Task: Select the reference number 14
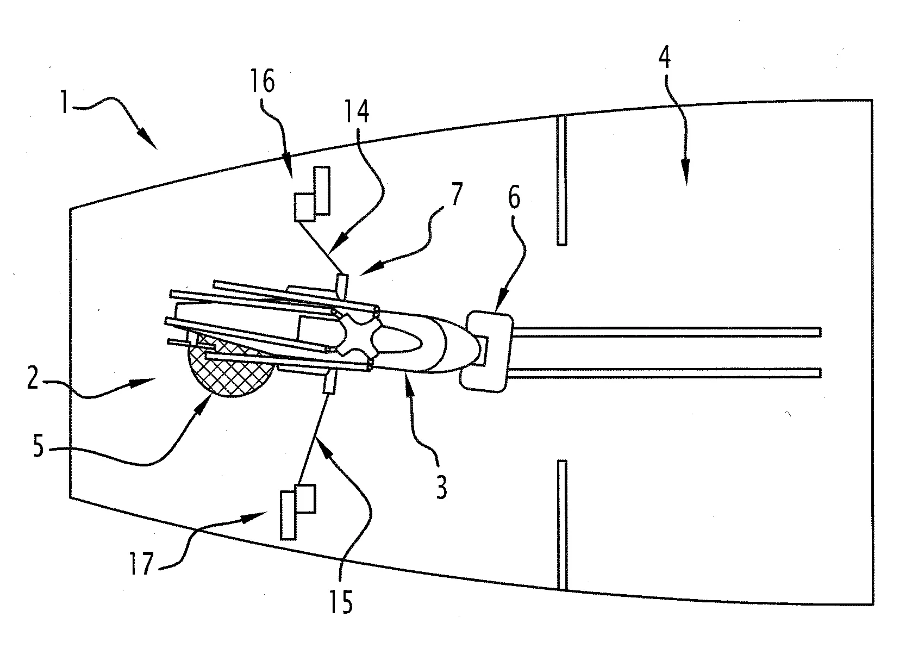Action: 358,113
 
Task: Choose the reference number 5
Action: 38,450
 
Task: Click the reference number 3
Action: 441,488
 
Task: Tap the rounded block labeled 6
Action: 488,351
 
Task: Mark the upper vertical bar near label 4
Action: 562,180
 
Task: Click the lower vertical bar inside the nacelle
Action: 562,525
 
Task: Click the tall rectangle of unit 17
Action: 288,514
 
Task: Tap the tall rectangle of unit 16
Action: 322,190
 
